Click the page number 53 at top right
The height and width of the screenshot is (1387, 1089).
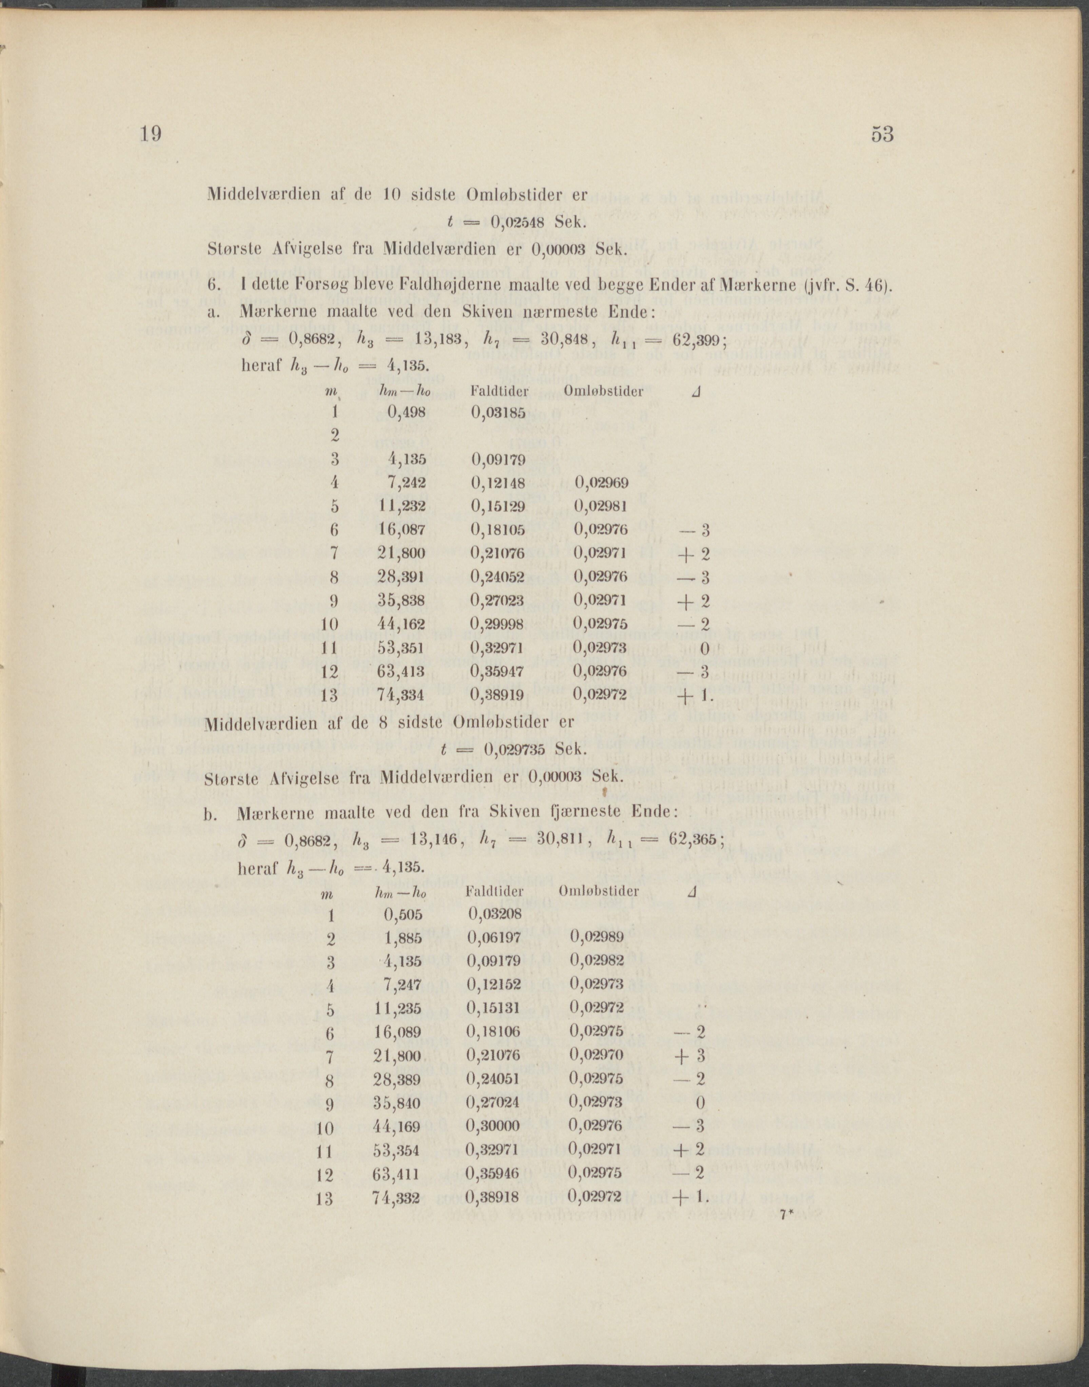click(x=882, y=135)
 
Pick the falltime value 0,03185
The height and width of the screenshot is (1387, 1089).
click(x=498, y=412)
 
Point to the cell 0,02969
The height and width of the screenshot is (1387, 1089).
click(x=601, y=483)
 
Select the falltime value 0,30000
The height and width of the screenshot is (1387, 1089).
click(x=493, y=1126)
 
